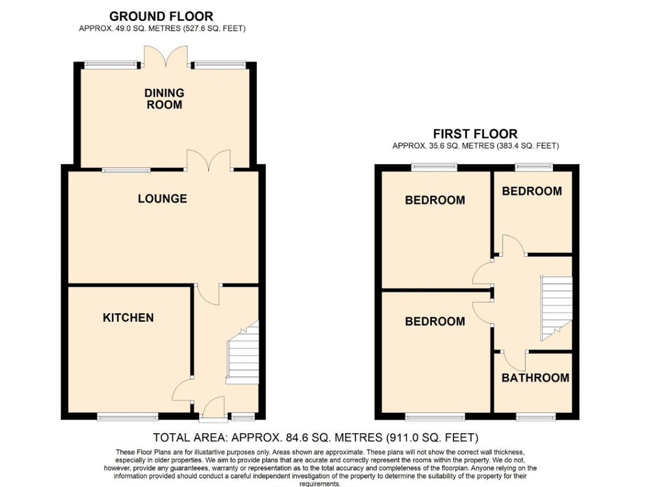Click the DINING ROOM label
tap(164, 98)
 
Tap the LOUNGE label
tap(162, 199)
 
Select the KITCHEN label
tap(128, 318)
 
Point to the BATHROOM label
tap(535, 378)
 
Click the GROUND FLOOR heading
tap(161, 16)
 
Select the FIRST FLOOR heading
tap(475, 133)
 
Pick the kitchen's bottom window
tap(128, 417)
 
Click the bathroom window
tap(536, 417)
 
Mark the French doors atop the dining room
tap(166, 57)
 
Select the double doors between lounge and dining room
tap(209, 160)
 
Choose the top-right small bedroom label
tap(531, 191)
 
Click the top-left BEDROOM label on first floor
tap(435, 200)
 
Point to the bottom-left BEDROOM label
tap(435, 321)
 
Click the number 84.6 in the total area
tap(298, 438)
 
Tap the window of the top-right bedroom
tap(534, 167)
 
